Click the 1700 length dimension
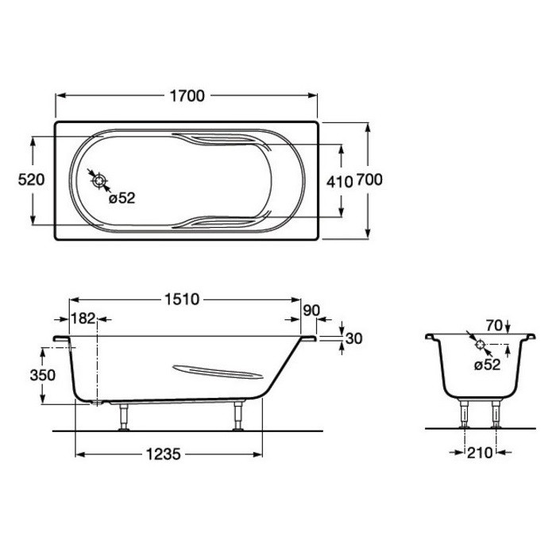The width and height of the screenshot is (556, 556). (x=187, y=96)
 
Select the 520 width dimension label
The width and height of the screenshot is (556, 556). (x=31, y=180)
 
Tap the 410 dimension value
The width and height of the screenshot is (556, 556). (x=339, y=182)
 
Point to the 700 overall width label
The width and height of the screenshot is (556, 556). (x=369, y=180)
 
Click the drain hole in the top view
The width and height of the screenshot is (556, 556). (x=99, y=181)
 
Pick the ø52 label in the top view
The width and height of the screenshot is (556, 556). (x=122, y=199)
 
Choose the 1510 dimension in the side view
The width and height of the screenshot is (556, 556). (x=182, y=299)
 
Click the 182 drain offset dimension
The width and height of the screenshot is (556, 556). (x=83, y=319)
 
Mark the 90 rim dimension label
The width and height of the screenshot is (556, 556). (x=311, y=311)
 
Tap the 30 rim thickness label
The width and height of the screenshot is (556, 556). (x=354, y=338)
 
